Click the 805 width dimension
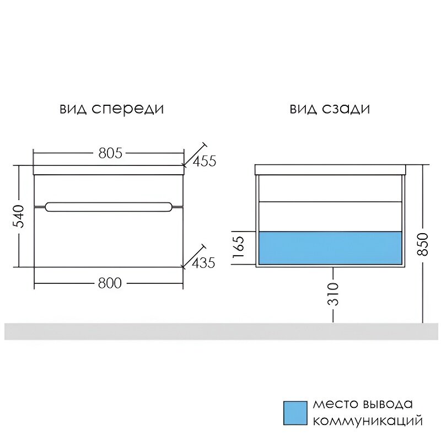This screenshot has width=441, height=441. click(110, 153)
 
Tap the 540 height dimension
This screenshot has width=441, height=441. click(19, 216)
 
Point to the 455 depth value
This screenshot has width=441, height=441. click(205, 161)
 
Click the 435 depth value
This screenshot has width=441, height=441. click(204, 263)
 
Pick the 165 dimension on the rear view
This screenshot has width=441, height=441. click(239, 248)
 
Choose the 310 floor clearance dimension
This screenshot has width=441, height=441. click(334, 294)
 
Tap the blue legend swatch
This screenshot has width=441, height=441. click(294, 412)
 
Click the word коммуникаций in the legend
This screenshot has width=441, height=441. click(368, 421)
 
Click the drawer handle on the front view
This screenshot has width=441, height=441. click(108, 207)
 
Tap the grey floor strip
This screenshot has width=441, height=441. click(220, 331)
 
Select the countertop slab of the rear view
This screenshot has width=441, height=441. click(330, 169)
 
